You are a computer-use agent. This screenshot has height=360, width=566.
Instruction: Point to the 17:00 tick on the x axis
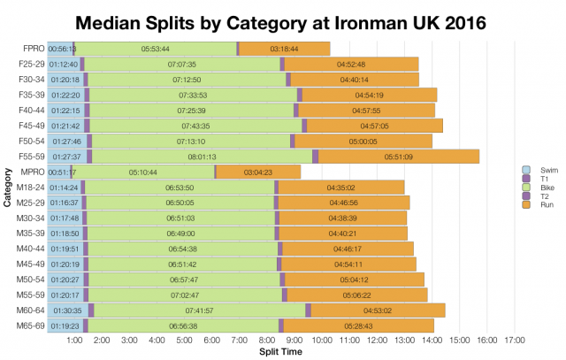[514, 340]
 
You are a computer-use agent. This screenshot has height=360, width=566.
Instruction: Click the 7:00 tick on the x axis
[239, 340]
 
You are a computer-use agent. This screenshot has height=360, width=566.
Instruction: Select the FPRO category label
[34, 49]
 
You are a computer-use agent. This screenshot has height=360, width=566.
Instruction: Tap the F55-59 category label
[31, 157]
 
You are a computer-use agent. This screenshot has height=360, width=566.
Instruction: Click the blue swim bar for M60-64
[67, 310]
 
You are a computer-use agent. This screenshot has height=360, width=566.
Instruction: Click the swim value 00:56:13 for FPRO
[61, 49]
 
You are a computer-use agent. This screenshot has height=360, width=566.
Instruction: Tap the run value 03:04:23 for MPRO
[257, 172]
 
